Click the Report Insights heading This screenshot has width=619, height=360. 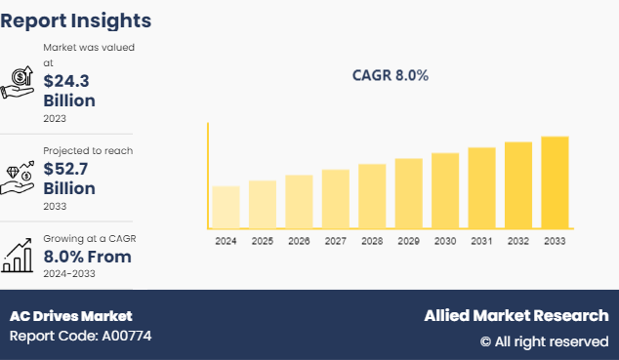click(76, 20)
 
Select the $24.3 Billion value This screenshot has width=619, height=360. click(69, 91)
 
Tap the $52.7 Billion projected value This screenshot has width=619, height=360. click(69, 179)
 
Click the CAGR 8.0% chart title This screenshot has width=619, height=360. click(390, 75)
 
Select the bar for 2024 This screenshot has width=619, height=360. click(226, 207)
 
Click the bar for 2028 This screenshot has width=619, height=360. click(372, 196)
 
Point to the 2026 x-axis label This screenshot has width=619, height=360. click(299, 240)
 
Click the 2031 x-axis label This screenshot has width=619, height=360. click(481, 240)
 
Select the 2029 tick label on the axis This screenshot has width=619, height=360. click(408, 240)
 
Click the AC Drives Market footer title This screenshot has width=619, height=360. click(70, 316)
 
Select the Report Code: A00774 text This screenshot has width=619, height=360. click(80, 337)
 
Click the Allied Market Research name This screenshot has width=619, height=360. click(516, 316)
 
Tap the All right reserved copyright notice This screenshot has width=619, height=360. click(544, 341)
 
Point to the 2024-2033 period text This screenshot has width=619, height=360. click(69, 274)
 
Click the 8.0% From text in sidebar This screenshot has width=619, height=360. click(87, 257)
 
